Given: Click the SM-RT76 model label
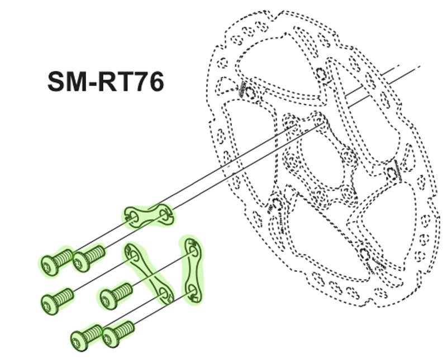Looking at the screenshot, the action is [106, 81].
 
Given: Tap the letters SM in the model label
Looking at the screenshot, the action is [67, 81].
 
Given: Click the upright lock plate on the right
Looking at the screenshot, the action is [192, 270].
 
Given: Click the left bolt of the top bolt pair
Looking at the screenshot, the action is [57, 261].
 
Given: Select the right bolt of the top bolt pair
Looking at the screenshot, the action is [89, 258].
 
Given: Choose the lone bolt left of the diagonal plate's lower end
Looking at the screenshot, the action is [116, 295].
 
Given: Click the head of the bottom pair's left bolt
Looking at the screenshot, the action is [79, 342].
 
